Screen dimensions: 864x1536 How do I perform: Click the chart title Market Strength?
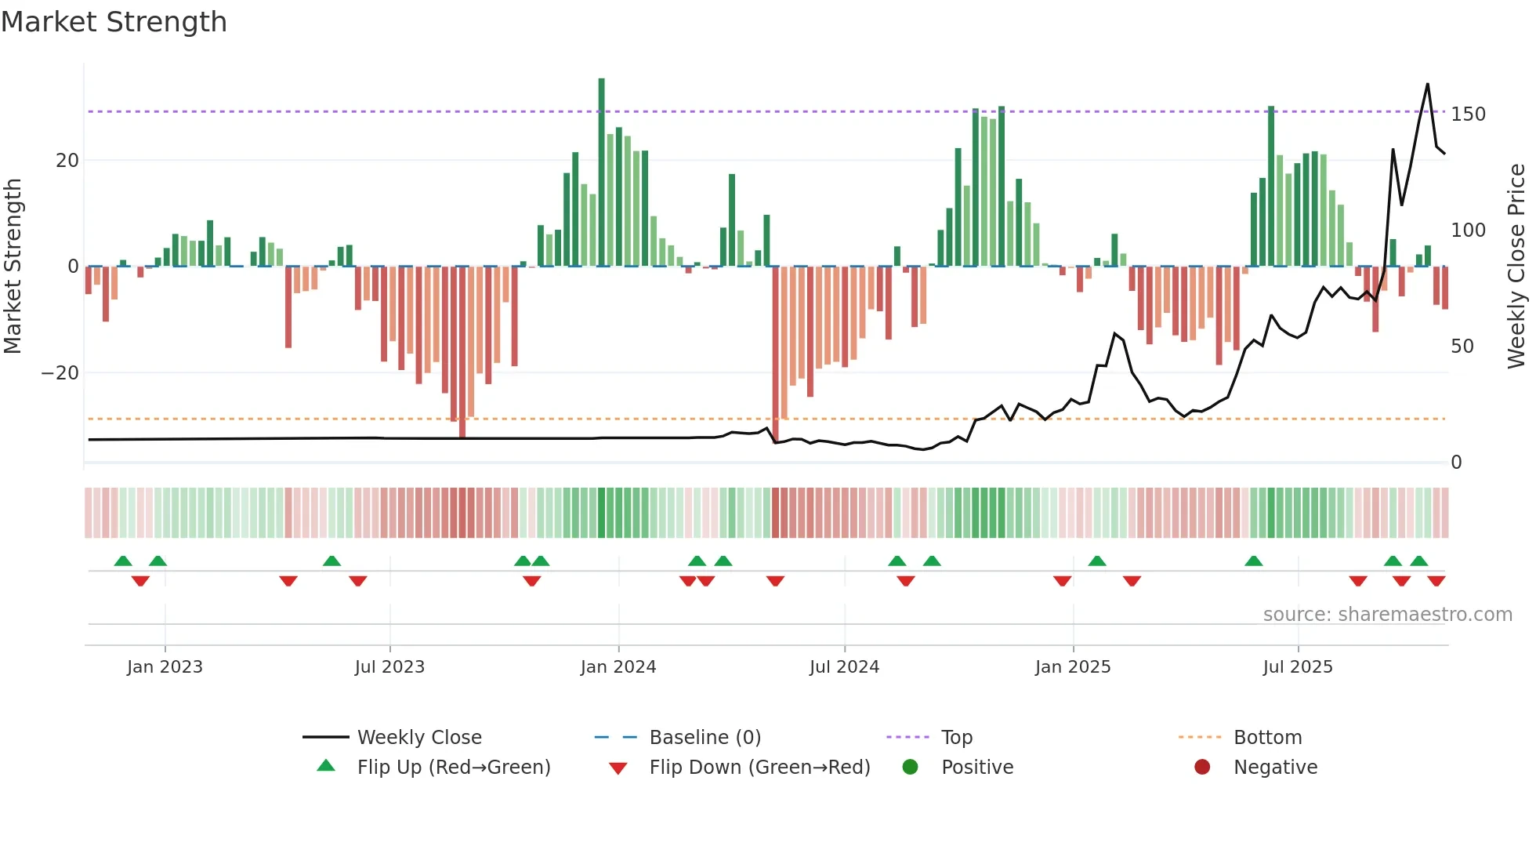coord(114,22)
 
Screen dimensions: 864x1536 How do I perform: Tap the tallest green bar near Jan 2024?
coord(601,172)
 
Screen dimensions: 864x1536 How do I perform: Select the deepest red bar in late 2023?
coord(462,353)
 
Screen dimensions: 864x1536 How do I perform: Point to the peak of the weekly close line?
coord(1427,85)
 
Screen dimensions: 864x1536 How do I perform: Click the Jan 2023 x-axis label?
coord(165,667)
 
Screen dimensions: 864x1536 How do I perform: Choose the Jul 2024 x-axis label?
coord(844,667)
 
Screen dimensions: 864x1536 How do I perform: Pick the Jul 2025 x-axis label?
coord(1297,667)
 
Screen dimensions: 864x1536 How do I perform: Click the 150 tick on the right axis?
coord(1468,114)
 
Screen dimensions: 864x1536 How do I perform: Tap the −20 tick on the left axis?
coord(60,373)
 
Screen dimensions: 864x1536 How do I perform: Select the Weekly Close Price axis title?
coord(1516,267)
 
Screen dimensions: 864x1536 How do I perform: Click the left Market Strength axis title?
coord(13,267)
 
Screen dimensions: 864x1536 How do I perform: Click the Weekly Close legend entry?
coord(418,738)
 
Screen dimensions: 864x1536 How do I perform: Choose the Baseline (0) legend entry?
coord(705,738)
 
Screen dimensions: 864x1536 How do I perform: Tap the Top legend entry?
coord(956,738)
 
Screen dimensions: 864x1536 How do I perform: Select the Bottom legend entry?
coord(1267,738)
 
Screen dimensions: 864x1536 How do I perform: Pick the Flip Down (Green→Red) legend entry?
coord(759,768)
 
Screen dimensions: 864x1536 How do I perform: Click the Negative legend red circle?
coord(1202,767)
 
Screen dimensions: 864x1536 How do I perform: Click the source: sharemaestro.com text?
coord(1387,615)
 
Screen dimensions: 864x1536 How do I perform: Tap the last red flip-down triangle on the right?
coord(1436,581)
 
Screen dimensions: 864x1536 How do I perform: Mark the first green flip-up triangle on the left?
coord(123,561)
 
